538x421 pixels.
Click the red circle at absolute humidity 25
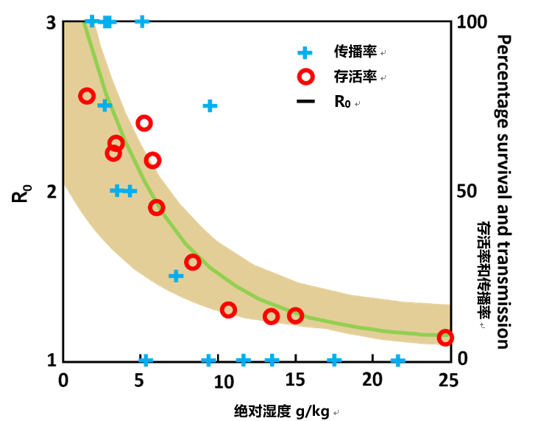[x=445, y=338]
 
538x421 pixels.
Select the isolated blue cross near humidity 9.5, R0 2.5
[x=210, y=105]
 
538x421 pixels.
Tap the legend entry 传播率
[x=355, y=52]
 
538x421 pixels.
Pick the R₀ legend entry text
[x=343, y=102]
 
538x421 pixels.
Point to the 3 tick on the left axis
[x=52, y=23]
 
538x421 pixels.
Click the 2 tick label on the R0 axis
[x=52, y=192]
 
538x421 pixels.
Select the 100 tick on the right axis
[x=472, y=23]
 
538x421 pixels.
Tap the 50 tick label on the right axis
[x=468, y=192]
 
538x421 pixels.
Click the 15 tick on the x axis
[x=295, y=379]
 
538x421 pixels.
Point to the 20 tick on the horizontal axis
[x=372, y=379]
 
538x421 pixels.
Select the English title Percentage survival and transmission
[x=503, y=190]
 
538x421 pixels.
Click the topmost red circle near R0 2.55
[x=87, y=96]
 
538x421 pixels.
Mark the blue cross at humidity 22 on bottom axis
[x=398, y=361]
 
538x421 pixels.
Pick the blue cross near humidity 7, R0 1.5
[x=176, y=276]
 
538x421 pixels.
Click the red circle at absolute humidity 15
[x=295, y=316]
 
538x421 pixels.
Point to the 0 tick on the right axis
[x=462, y=359]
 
